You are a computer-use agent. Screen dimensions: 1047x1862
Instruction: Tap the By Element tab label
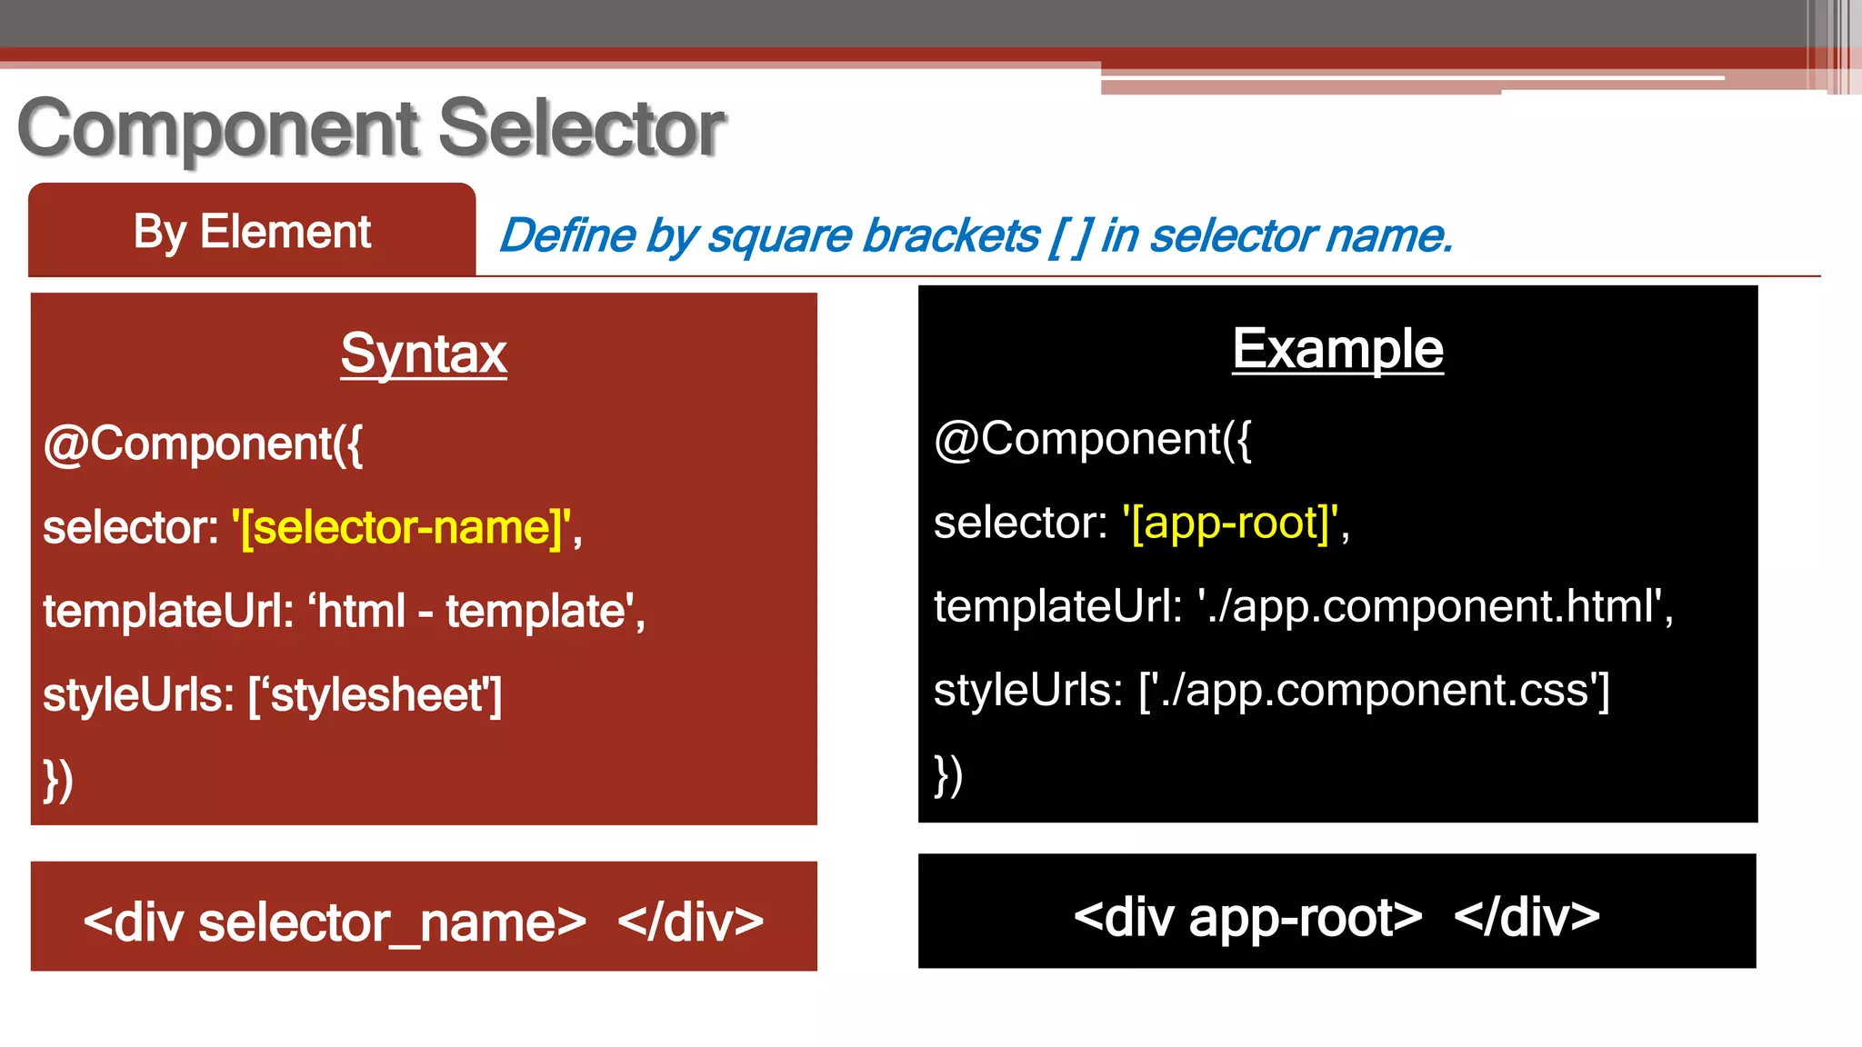[252, 232]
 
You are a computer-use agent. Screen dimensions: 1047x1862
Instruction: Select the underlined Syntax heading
[424, 354]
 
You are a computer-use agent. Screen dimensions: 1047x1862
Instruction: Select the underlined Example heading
[1337, 349]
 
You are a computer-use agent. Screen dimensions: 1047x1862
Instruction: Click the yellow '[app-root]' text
[1230, 523]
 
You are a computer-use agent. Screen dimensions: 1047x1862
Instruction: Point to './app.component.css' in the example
[1373, 690]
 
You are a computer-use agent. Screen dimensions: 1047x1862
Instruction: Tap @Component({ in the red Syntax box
[203, 444]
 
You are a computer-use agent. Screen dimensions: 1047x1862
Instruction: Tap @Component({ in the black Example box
[1092, 439]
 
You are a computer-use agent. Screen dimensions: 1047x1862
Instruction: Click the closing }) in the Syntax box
[58, 780]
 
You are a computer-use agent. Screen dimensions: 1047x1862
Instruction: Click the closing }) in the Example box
[948, 775]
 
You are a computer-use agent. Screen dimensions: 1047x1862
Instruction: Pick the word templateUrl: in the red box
[168, 612]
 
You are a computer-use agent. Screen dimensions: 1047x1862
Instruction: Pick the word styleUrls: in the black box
[1027, 690]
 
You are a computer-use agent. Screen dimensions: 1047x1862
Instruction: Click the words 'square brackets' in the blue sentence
[873, 236]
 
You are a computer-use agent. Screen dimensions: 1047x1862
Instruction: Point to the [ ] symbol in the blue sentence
[1070, 236]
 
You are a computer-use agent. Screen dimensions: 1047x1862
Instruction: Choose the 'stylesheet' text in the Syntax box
[379, 695]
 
